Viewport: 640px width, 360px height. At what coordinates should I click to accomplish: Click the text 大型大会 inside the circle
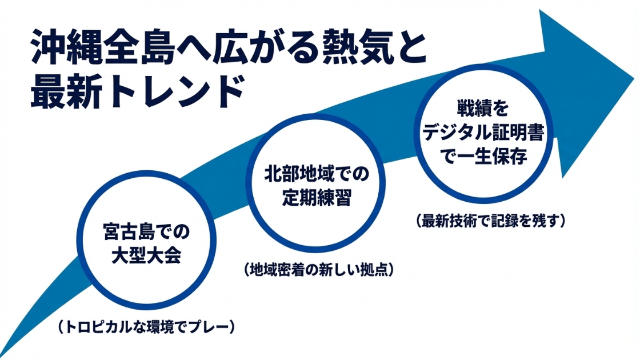click(x=146, y=255)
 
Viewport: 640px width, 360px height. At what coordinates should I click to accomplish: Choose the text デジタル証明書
click(x=482, y=131)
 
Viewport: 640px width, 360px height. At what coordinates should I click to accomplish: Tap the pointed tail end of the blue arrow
click(x=5, y=351)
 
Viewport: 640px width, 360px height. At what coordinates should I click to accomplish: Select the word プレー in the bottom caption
click(x=213, y=327)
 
